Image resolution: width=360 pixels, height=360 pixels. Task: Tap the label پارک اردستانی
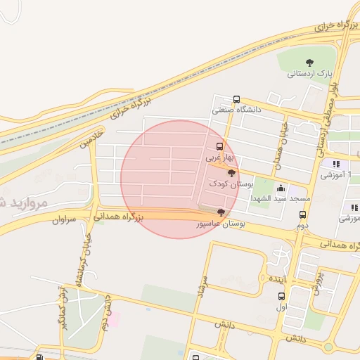pos(310,72)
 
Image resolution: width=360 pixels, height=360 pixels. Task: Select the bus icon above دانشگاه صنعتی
pos(236,100)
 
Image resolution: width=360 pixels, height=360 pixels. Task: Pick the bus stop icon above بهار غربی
pos(220,147)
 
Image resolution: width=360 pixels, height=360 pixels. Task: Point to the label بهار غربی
pos(218,158)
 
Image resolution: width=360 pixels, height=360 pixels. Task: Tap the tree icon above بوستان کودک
pos(232,173)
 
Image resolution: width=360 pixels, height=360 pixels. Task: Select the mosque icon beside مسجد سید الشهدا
pos(281,188)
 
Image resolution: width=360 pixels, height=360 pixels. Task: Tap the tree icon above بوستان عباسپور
pos(221,212)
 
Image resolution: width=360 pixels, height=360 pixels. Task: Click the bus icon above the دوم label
pos(302,215)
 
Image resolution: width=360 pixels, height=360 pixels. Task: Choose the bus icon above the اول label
pos(282,296)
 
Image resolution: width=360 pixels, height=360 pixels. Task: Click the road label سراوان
pos(63,220)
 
